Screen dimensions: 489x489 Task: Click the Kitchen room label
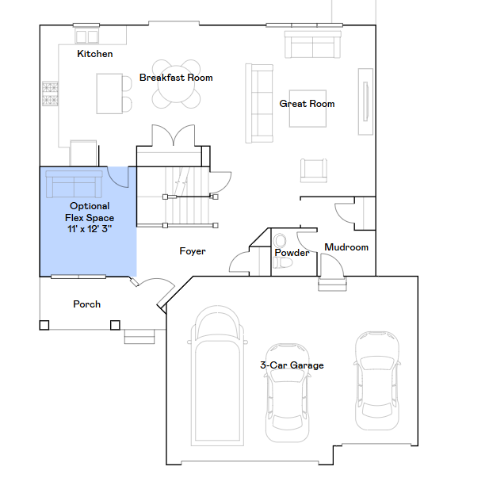click(95, 54)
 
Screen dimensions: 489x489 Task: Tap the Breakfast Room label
click(176, 78)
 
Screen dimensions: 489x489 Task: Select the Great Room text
click(307, 104)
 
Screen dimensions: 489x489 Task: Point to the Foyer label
click(193, 251)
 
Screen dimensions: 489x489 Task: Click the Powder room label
click(292, 252)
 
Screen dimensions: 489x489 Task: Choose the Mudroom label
click(346, 247)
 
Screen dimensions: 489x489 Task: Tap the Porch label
click(86, 304)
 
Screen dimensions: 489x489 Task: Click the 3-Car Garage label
click(292, 365)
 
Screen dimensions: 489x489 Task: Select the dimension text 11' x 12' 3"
click(90, 229)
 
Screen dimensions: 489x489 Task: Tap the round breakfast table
click(176, 84)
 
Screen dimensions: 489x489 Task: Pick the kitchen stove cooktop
click(50, 94)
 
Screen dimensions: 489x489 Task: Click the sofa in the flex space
click(74, 184)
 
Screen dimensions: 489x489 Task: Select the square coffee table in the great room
click(308, 109)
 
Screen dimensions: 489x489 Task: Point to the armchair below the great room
click(314, 170)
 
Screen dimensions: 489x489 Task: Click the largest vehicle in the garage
click(217, 376)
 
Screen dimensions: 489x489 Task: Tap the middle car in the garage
click(287, 393)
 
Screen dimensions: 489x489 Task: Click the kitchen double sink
click(86, 36)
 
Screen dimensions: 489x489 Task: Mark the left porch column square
click(44, 325)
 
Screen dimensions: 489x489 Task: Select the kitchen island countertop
click(109, 94)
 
